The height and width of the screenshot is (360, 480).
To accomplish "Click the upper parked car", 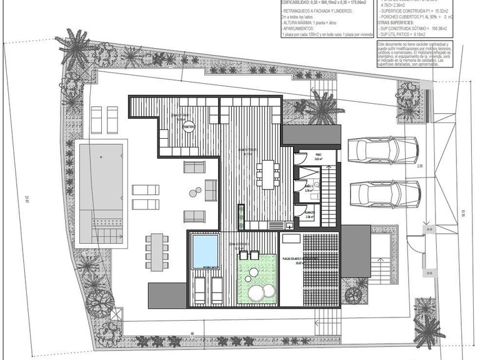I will [x=381, y=150].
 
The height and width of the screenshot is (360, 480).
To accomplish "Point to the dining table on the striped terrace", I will [x=269, y=173].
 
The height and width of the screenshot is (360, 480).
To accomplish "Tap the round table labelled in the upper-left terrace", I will [x=188, y=126].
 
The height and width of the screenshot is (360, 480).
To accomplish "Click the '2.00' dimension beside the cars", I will [x=420, y=167].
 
